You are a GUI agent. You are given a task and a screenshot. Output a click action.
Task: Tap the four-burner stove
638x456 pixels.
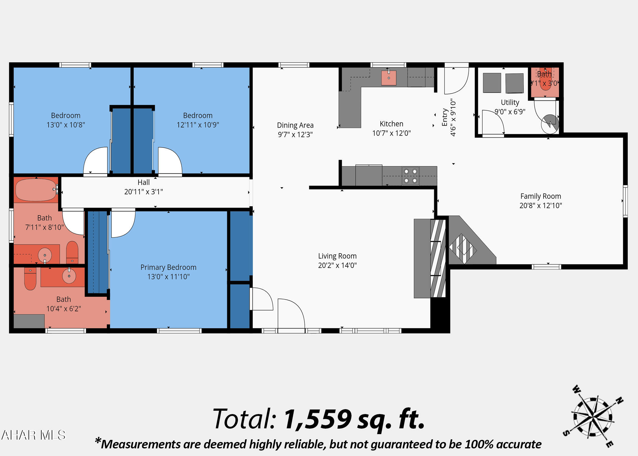pos(410,176)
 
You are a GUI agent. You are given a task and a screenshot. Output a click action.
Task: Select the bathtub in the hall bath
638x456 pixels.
pos(36,190)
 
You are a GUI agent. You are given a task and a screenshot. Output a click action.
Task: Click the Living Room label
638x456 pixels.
pos(337,256)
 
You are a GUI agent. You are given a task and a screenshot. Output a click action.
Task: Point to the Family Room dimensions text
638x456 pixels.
pos(540,206)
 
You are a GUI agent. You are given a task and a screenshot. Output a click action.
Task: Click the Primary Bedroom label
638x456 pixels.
pos(168,267)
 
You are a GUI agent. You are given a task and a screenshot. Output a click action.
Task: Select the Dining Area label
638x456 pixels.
pos(295,125)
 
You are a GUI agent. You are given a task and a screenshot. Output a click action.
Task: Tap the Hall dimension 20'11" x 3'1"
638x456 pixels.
pos(143,192)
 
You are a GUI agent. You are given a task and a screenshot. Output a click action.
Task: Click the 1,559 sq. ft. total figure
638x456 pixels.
pos(354,419)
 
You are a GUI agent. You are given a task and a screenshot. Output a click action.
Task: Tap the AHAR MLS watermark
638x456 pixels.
pos(33,435)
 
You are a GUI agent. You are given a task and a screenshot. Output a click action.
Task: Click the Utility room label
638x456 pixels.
pos(510,102)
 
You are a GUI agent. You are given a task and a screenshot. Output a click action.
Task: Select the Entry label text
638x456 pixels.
pos(445,117)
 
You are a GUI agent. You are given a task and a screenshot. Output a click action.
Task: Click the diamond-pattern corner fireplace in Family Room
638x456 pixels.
pos(463,248)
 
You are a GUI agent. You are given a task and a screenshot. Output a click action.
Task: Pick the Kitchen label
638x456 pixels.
pos(391,124)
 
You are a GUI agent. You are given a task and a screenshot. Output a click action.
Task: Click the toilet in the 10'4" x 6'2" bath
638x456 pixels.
pos(30,279)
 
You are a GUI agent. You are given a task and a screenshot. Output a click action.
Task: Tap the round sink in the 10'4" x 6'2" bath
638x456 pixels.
pos(69,276)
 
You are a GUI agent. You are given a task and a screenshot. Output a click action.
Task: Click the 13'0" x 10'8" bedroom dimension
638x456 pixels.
pos(66,125)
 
